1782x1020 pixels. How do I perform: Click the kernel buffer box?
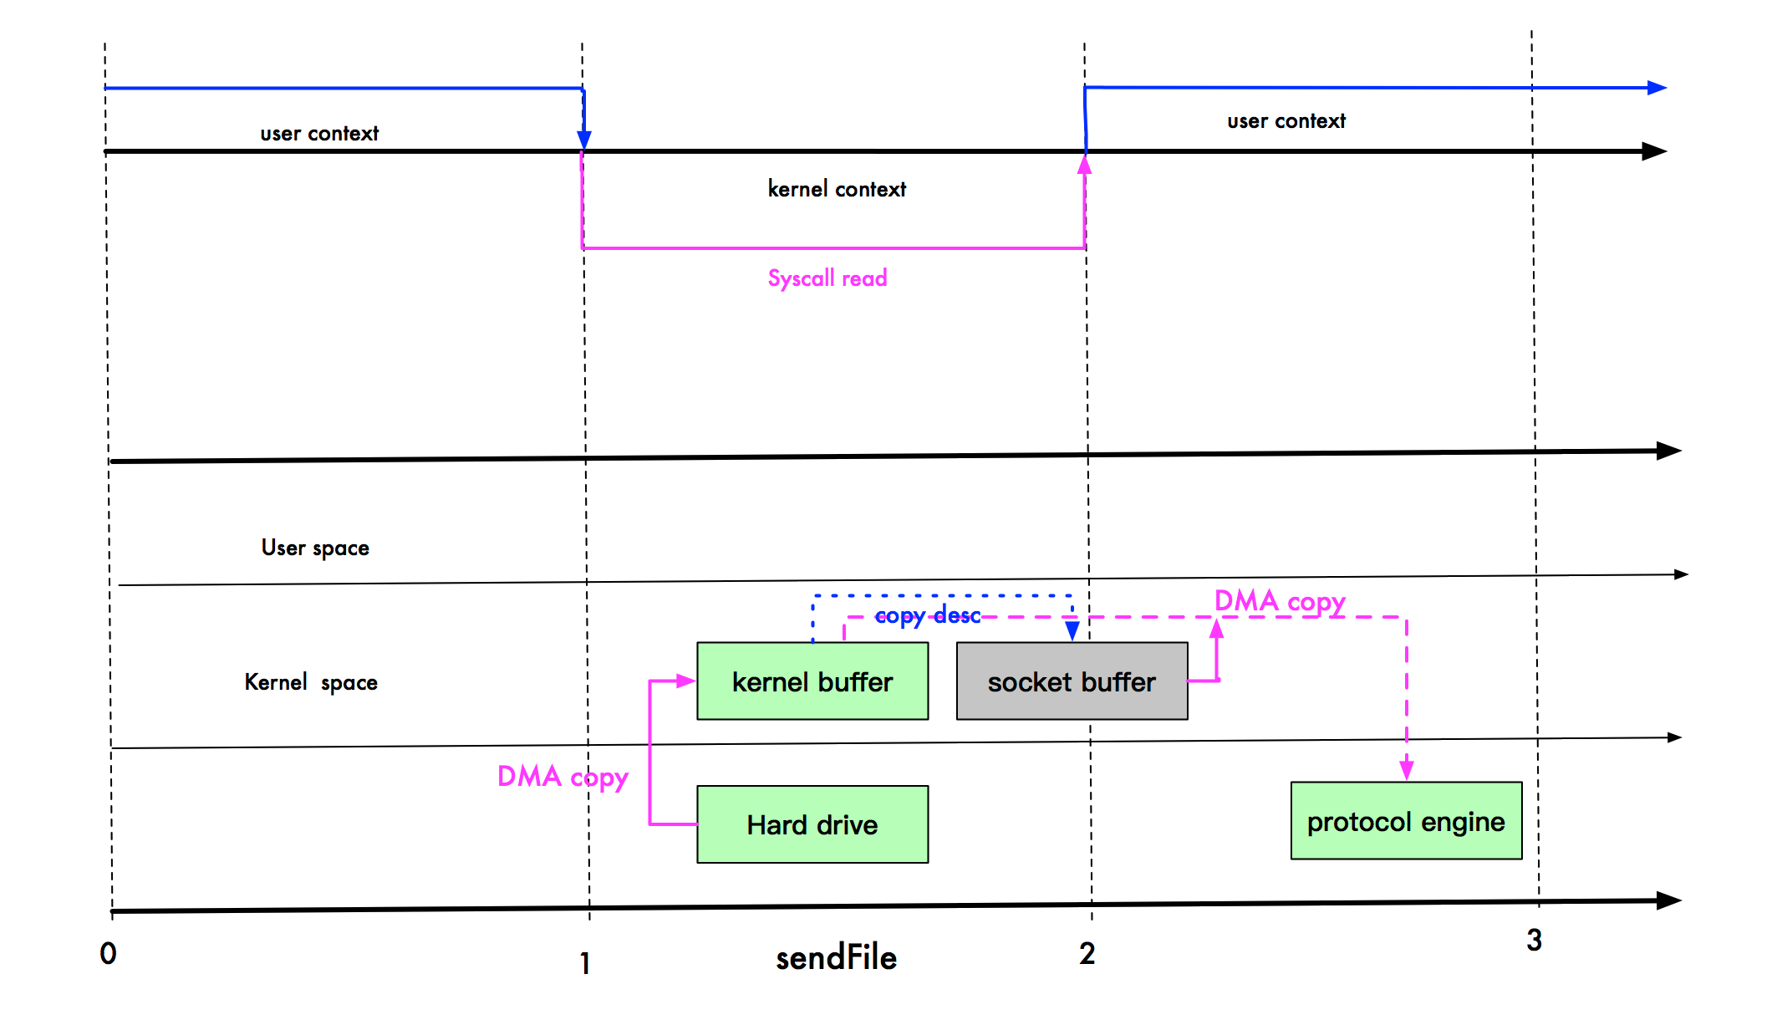point(812,681)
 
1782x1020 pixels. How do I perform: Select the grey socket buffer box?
point(1072,681)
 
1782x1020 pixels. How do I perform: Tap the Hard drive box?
point(812,824)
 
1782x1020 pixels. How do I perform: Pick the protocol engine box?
point(1406,821)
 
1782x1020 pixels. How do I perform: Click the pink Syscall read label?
point(827,278)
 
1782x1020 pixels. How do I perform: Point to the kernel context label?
point(837,190)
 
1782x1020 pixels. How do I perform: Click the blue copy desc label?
point(927,616)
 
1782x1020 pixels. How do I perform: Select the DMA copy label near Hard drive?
point(562,777)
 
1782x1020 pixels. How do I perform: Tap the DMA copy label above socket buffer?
point(1279,601)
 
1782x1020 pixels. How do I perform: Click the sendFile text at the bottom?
point(836,958)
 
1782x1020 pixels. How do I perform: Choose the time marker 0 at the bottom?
point(108,954)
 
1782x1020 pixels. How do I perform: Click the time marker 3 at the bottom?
point(1534,941)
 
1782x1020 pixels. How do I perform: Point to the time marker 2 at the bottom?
point(1087,954)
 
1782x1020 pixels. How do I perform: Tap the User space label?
point(315,548)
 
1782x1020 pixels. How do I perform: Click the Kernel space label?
point(311,683)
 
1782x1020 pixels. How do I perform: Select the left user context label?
point(319,134)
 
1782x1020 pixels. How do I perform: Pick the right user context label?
point(1286,122)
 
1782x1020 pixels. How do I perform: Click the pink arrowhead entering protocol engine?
point(1407,769)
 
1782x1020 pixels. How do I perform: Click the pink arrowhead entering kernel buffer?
point(685,681)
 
